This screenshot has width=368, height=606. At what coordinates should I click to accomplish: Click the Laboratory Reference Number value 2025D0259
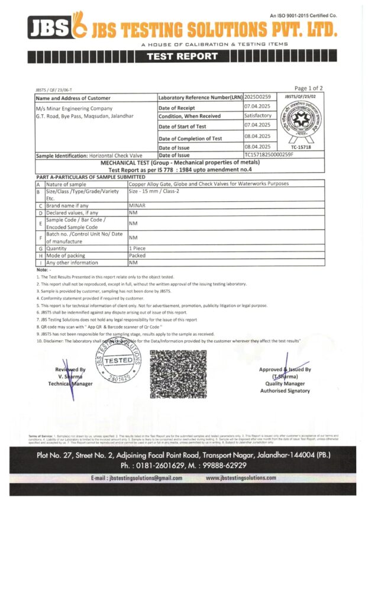(257, 97)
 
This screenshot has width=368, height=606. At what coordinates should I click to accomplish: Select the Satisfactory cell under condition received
(258, 116)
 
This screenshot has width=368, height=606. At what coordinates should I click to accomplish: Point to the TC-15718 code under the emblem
(301, 146)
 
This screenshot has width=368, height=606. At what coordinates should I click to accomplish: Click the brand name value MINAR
(137, 204)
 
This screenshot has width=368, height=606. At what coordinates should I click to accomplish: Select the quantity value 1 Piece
(138, 249)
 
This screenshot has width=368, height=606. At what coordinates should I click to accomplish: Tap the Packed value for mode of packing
(138, 256)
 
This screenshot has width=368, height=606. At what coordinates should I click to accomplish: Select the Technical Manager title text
(71, 383)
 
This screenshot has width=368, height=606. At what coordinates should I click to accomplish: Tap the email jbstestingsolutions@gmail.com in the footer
(136, 478)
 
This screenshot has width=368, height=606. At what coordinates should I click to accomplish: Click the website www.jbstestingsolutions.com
(241, 478)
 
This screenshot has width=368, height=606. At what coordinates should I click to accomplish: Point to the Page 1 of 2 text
(308, 89)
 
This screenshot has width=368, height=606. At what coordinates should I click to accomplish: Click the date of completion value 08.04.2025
(257, 136)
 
